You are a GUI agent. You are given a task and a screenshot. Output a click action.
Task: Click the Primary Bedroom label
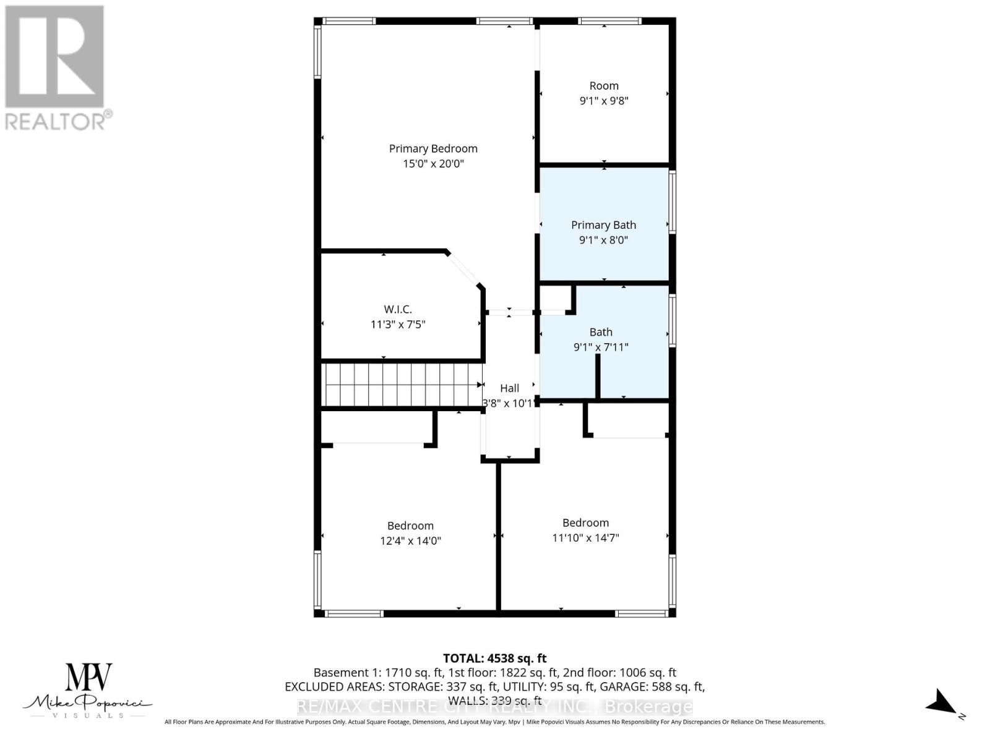tap(433, 148)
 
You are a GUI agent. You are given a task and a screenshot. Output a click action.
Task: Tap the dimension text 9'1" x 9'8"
tap(604, 101)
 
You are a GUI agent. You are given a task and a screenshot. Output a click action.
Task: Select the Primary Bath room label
tap(603, 225)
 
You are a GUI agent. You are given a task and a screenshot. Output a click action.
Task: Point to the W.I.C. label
tap(398, 309)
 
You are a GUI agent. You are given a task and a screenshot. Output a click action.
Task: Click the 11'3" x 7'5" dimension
tap(398, 324)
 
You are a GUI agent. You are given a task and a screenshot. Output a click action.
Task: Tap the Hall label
tap(509, 388)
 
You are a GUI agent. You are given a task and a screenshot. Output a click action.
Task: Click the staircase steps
tap(401, 384)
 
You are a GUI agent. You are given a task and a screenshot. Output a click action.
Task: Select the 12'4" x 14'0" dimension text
tap(410, 540)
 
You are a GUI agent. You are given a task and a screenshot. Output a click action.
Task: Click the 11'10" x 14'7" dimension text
tap(585, 538)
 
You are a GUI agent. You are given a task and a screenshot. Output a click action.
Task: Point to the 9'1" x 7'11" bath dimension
tap(601, 348)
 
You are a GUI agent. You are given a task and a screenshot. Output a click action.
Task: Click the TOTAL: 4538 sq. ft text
tap(494, 659)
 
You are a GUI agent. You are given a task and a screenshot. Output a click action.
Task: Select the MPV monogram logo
tap(89, 677)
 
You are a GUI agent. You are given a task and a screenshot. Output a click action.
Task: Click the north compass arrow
tap(942, 703)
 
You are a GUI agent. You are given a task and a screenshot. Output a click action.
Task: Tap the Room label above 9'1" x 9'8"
tap(604, 86)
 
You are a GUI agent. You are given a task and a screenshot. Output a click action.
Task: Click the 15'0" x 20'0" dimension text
tap(433, 164)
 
